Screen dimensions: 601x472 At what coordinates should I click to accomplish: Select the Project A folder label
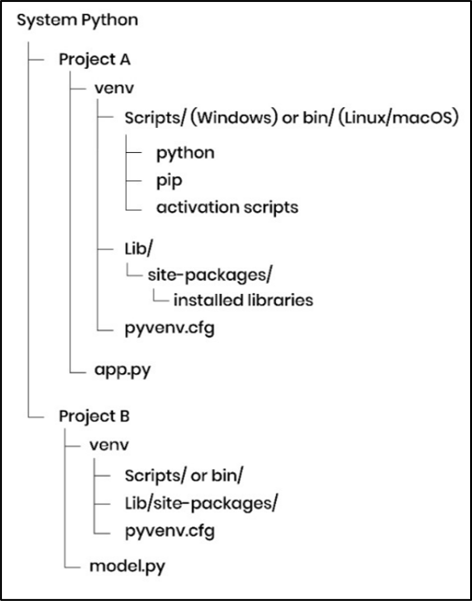tap(94, 58)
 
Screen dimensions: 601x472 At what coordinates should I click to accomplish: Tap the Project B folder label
tap(94, 412)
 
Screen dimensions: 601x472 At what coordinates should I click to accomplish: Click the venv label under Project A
tap(111, 88)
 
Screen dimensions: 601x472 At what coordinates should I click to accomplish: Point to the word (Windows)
tap(232, 119)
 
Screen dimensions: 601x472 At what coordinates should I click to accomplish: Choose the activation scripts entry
tap(227, 207)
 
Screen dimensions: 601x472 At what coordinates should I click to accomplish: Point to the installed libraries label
tap(243, 300)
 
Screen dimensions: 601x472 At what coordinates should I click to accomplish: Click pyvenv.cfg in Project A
tap(171, 328)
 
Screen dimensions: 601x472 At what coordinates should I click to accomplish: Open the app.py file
tap(122, 370)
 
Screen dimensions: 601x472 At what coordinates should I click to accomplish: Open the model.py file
tap(130, 566)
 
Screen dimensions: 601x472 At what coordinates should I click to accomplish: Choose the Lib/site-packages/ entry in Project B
tap(201, 503)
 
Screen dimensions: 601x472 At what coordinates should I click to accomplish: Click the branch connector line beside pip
tap(136, 179)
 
